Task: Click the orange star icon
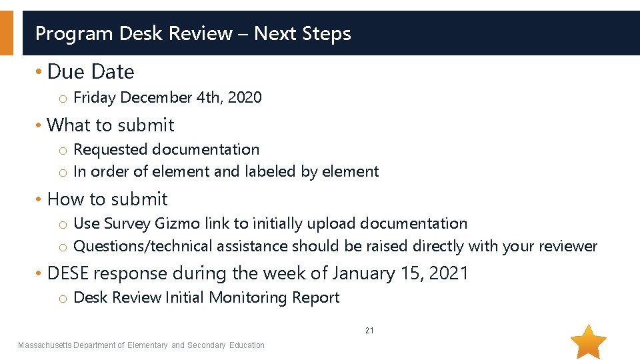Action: (x=589, y=342)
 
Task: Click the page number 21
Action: (x=369, y=331)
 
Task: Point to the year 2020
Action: (x=245, y=97)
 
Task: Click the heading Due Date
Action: (x=91, y=71)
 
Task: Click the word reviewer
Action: (x=569, y=246)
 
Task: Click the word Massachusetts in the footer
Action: (x=44, y=345)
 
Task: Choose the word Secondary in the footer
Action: (x=207, y=345)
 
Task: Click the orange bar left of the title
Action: (x=6, y=33)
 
